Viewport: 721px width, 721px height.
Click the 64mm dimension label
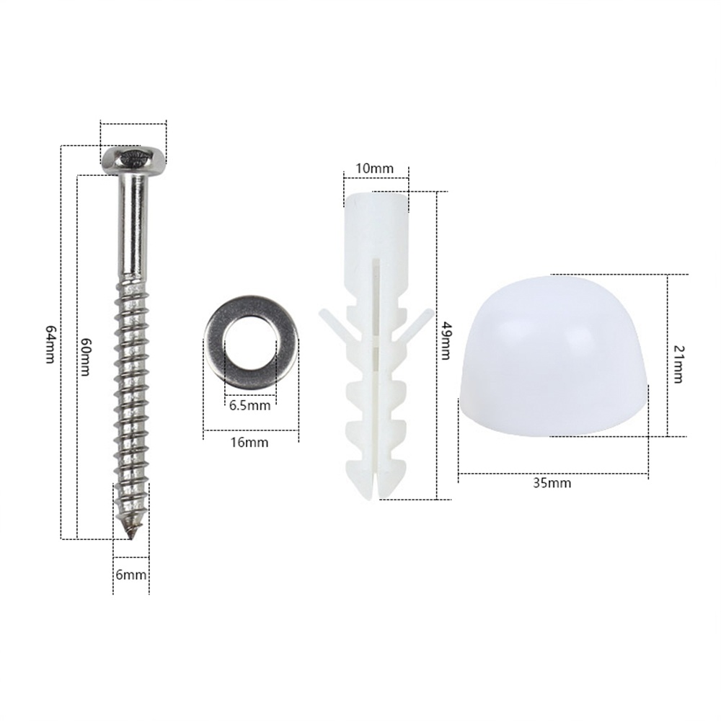(50, 344)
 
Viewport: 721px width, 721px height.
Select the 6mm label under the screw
(131, 575)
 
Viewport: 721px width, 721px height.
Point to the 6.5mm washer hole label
(249, 405)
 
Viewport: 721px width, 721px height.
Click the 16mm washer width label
(249, 443)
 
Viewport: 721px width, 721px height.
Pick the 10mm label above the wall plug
(375, 168)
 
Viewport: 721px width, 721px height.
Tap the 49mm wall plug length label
(445, 341)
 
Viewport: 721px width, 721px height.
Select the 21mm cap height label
(678, 365)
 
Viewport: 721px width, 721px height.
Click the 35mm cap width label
(552, 483)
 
